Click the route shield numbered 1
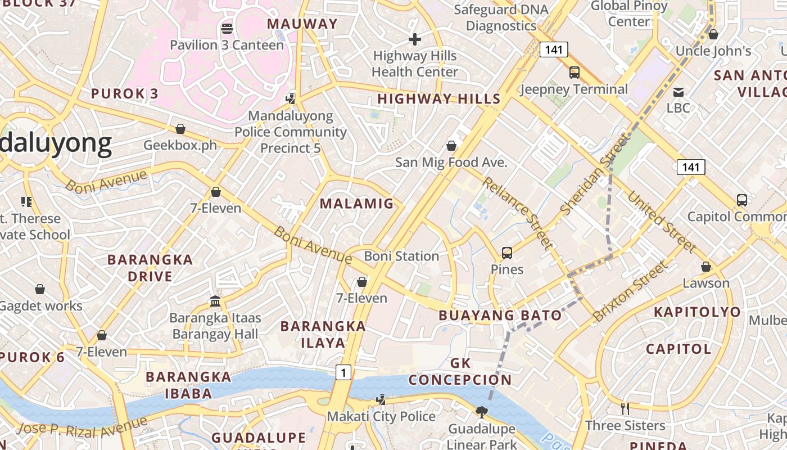point(343,372)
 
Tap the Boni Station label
point(401,256)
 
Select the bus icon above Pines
point(507,253)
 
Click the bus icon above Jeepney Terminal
point(574,72)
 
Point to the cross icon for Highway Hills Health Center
point(415,39)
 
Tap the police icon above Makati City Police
point(381,400)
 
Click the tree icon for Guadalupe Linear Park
point(481,412)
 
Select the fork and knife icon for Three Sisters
point(625,408)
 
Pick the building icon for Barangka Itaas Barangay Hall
point(215,301)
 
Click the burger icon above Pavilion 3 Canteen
point(227,28)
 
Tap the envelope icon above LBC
point(679,91)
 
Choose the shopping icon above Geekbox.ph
point(180,129)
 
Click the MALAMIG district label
point(357,204)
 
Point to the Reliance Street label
point(517,213)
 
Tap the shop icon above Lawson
point(706,267)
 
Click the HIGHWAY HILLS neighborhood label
point(438,99)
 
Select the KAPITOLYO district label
point(697,312)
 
